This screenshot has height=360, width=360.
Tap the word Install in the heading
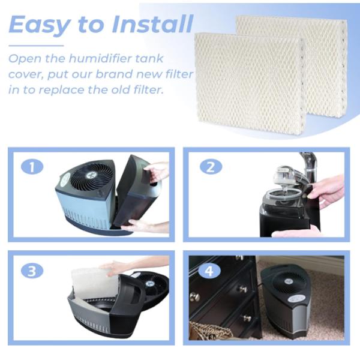[152, 23]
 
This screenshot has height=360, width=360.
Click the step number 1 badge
[32, 166]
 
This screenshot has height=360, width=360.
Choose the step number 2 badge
[211, 166]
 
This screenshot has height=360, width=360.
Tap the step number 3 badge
[32, 271]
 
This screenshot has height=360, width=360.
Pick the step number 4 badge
[209, 271]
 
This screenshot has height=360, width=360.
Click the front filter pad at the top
[250, 84]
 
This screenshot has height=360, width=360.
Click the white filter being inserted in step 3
[94, 284]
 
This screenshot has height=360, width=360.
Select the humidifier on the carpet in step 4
[287, 301]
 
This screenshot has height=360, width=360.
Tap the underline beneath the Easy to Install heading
[36, 46]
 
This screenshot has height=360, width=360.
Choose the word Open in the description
[25, 59]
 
